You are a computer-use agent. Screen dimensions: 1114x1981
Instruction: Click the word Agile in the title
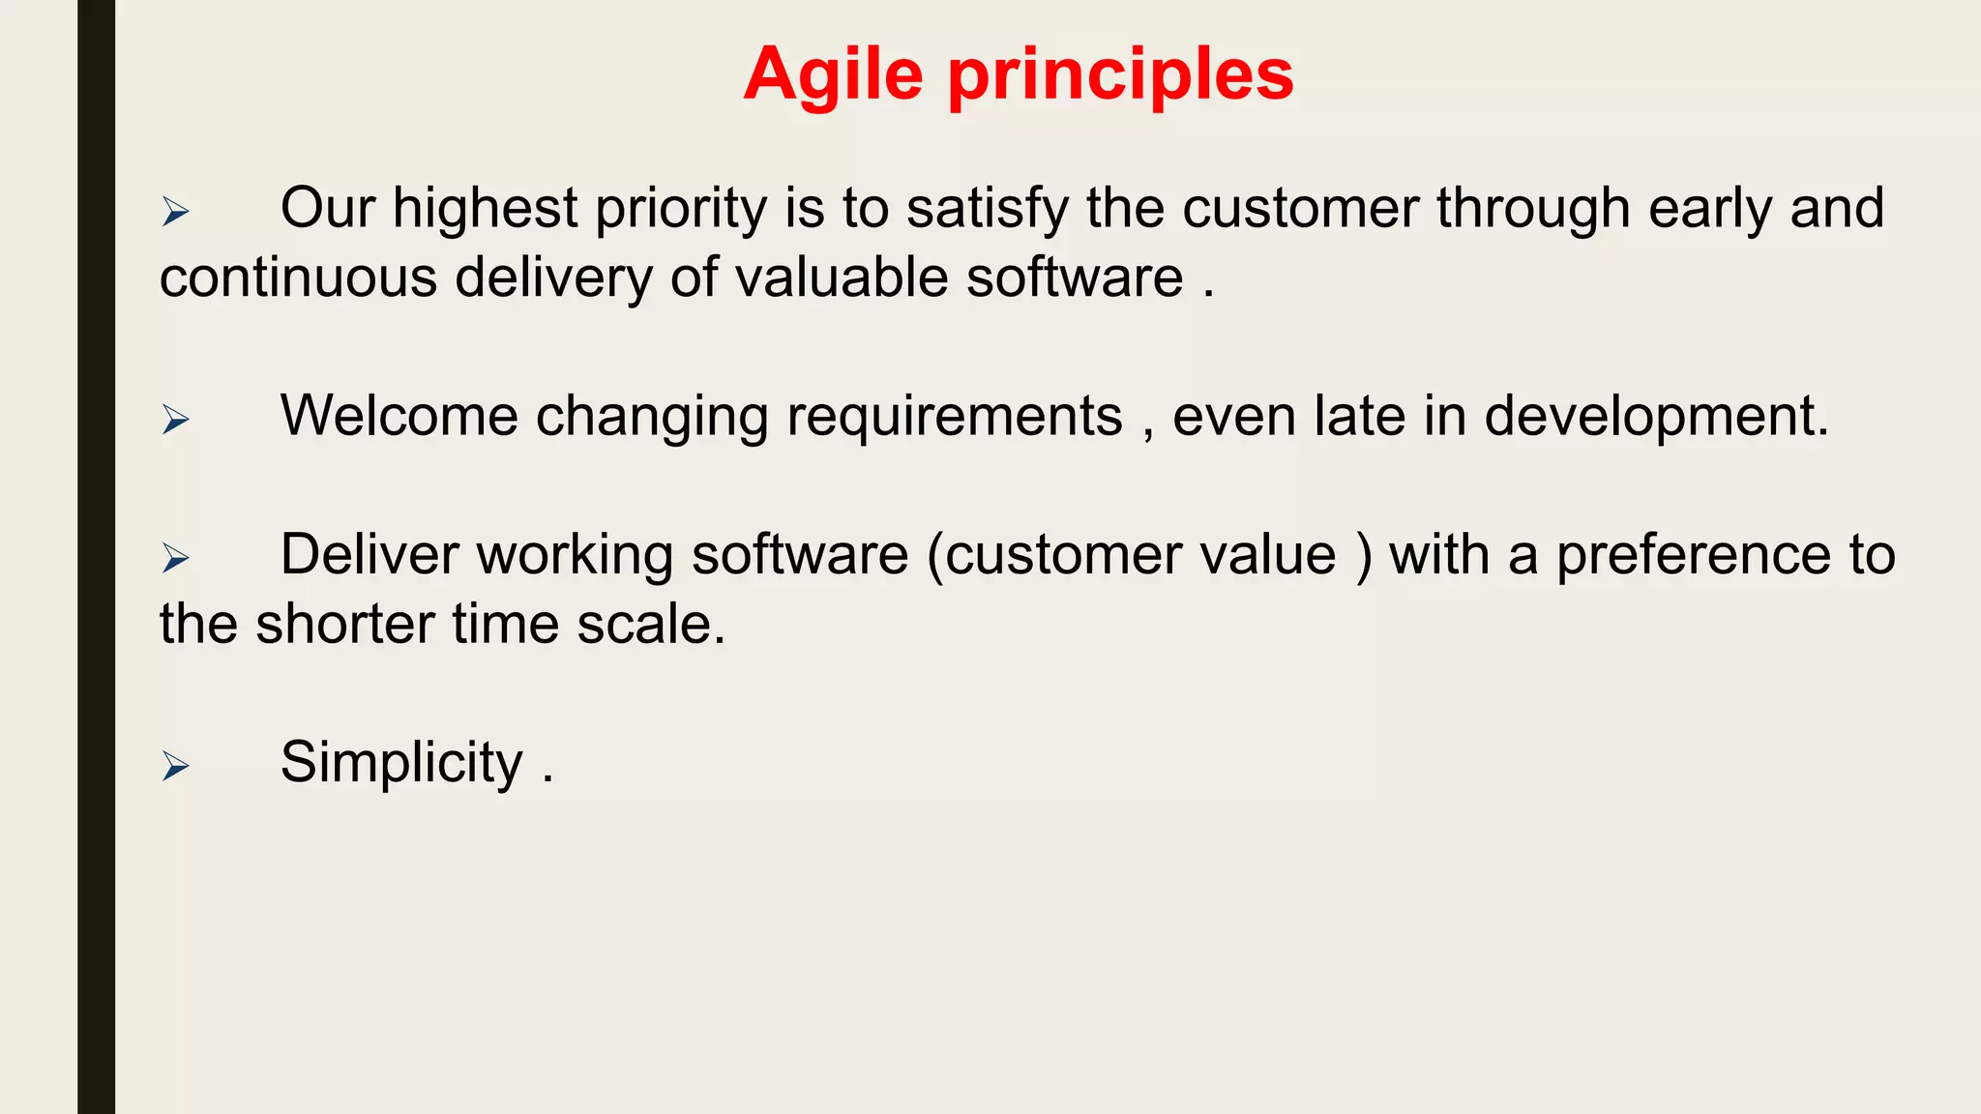[833, 75]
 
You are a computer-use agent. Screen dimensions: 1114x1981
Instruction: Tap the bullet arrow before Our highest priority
[175, 211]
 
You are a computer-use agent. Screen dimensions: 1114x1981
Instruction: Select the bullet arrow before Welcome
[175, 419]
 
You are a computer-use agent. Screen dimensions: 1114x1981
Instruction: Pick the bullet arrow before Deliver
[175, 557]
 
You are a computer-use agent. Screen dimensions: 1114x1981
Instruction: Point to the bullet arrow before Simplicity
[175, 765]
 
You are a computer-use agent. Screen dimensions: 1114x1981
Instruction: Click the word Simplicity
[401, 763]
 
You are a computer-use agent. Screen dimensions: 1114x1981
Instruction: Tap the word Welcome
[399, 416]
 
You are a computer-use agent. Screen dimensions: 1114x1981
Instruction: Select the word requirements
[955, 418]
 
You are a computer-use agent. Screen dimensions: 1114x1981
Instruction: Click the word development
[1656, 418]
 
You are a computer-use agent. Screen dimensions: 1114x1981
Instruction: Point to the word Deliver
[369, 555]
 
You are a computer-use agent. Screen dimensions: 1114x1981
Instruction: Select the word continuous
[298, 278]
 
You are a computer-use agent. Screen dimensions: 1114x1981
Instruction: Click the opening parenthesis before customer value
[934, 556]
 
